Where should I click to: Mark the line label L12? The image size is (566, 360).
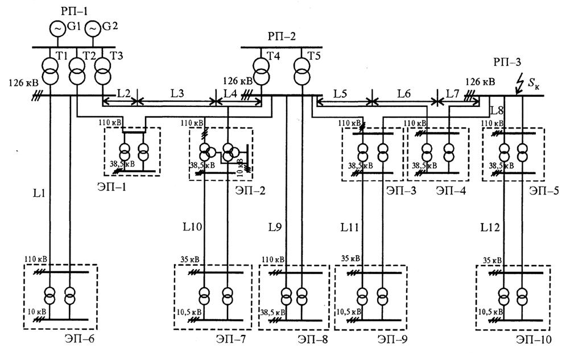[x=490, y=227]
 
